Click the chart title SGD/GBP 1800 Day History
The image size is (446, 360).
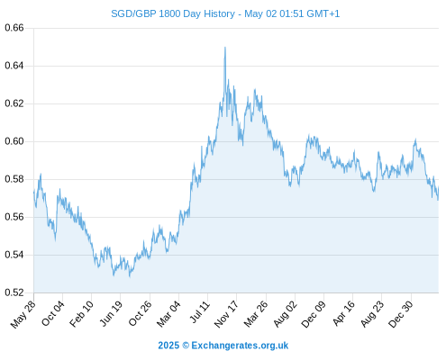[x=173, y=13]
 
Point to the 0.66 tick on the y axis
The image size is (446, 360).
[x=14, y=28]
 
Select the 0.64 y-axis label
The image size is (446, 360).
[x=14, y=66]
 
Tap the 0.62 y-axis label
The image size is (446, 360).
[x=14, y=103]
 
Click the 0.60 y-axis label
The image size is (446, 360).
[x=14, y=141]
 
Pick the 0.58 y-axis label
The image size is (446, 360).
[x=14, y=179]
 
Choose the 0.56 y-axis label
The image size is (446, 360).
[x=14, y=217]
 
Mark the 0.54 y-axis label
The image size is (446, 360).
[x=14, y=255]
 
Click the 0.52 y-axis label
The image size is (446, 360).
[x=14, y=292]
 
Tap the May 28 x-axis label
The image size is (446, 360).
[x=23, y=314]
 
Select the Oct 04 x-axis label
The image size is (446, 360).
[x=53, y=313]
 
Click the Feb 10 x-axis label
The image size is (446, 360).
[x=81, y=314]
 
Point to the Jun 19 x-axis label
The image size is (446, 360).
[x=111, y=313]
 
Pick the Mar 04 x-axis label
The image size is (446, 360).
[x=168, y=314]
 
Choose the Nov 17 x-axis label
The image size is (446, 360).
[x=226, y=314]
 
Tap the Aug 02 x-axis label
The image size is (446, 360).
[x=285, y=314]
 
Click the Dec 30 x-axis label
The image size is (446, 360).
[x=400, y=314]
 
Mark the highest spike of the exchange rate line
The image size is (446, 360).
[x=225, y=48]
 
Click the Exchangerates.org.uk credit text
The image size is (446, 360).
[x=240, y=346]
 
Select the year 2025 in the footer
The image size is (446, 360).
[x=168, y=346]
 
